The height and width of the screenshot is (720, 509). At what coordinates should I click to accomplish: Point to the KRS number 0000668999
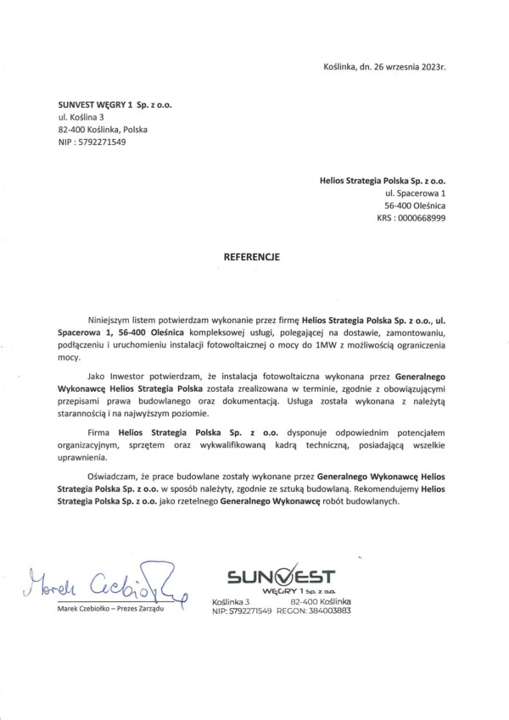click(x=422, y=218)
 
